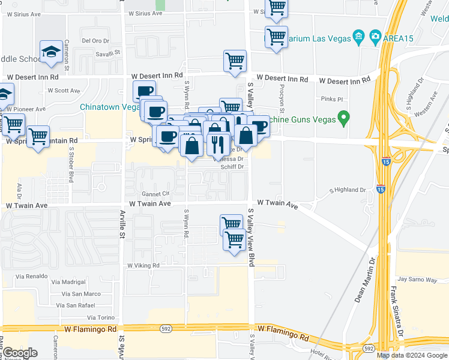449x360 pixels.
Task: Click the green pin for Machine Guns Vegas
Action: tap(343, 117)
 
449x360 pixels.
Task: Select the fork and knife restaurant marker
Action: tap(217, 144)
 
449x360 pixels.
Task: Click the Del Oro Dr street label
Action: tap(94, 41)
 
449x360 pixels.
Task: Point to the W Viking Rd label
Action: tap(143, 265)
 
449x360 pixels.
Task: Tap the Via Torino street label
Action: tap(100, 317)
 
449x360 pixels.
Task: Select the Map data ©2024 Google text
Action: tap(412, 355)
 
